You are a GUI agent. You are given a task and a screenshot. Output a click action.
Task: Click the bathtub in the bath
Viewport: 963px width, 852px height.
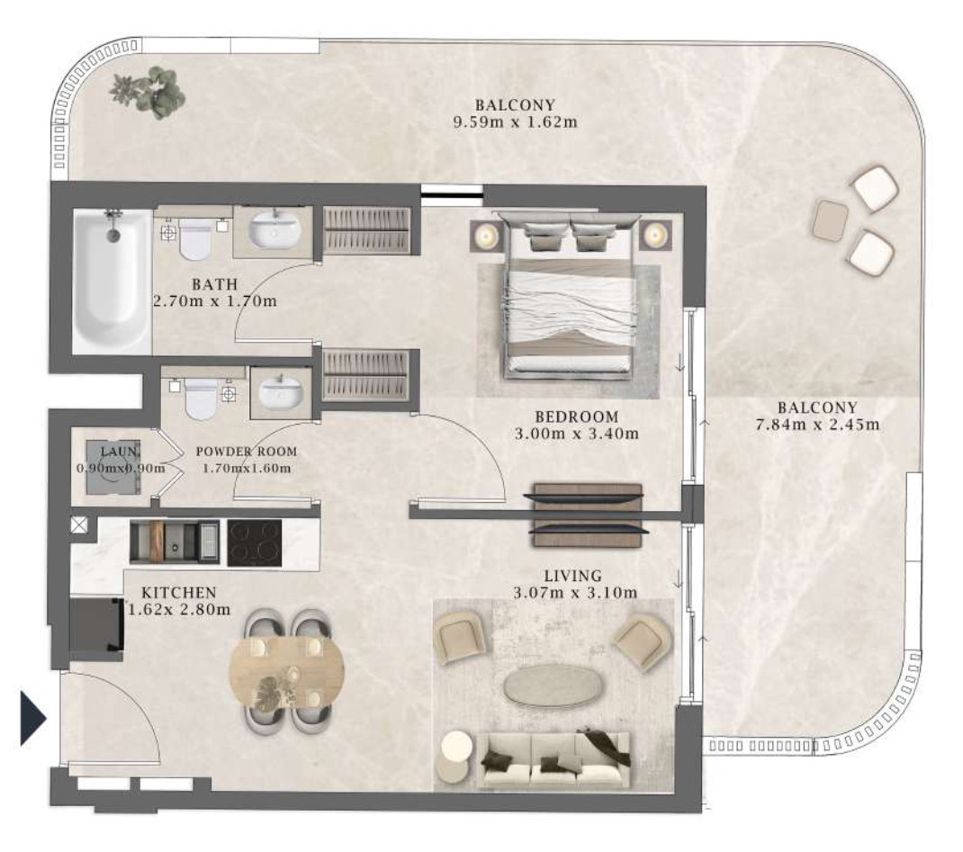(112, 281)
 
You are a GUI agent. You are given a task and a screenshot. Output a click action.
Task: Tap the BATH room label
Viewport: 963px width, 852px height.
(214, 284)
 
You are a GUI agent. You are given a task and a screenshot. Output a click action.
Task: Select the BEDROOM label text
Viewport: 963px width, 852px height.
(576, 417)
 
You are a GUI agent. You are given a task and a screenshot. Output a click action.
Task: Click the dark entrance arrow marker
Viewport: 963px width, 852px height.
(33, 718)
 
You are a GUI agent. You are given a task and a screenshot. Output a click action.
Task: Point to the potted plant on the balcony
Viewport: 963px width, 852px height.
(148, 93)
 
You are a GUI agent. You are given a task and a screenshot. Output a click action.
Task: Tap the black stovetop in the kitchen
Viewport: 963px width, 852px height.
(255, 543)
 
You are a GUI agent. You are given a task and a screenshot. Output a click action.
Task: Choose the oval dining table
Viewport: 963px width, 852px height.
(286, 673)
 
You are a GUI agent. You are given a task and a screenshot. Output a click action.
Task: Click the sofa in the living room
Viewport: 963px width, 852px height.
(553, 759)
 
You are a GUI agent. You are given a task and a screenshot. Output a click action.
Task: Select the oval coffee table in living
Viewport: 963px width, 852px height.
(552, 685)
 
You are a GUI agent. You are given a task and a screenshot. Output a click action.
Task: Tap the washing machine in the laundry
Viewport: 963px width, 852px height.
(112, 467)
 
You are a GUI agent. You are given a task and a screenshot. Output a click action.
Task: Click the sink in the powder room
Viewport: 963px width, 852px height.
(281, 393)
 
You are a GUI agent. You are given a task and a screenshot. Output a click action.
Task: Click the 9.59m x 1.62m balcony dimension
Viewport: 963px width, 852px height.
(516, 121)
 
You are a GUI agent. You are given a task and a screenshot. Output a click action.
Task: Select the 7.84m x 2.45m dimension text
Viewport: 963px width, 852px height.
(817, 424)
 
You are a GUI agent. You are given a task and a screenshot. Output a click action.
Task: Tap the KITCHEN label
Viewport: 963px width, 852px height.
(179, 593)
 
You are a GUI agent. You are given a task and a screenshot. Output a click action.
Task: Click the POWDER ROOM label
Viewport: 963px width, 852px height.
(247, 452)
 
